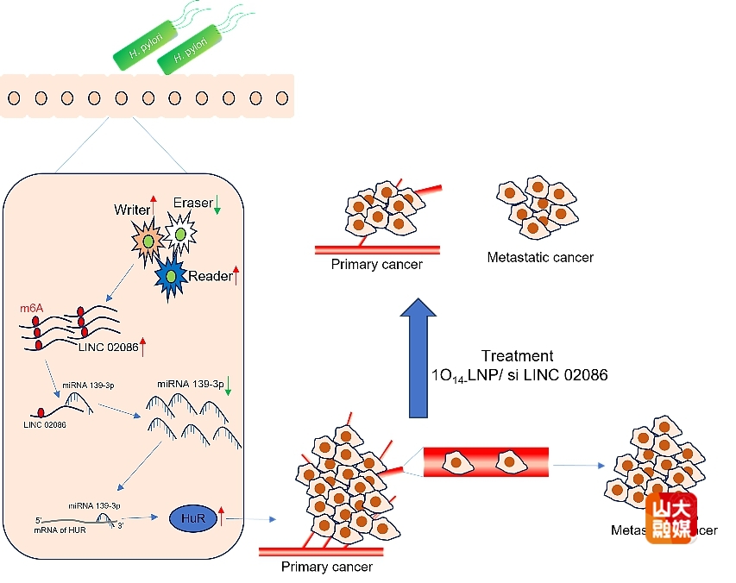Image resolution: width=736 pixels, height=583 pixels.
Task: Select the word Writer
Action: [132, 210]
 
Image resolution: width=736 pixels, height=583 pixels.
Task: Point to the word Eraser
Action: [192, 203]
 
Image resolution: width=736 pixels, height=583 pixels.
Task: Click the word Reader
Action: [210, 275]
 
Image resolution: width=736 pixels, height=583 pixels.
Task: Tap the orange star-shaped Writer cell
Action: [148, 241]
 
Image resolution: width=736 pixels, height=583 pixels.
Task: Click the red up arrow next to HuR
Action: [222, 517]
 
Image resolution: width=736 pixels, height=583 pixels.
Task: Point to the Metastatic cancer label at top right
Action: [540, 257]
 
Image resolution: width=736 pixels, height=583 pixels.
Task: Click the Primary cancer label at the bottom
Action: [327, 567]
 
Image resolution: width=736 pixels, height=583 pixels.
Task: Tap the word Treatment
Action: [518, 356]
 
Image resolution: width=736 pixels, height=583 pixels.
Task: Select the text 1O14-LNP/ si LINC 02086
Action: [519, 375]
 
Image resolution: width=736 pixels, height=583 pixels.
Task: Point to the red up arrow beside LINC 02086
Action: [144, 347]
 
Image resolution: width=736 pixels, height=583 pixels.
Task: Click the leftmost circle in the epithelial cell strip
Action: [15, 97]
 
